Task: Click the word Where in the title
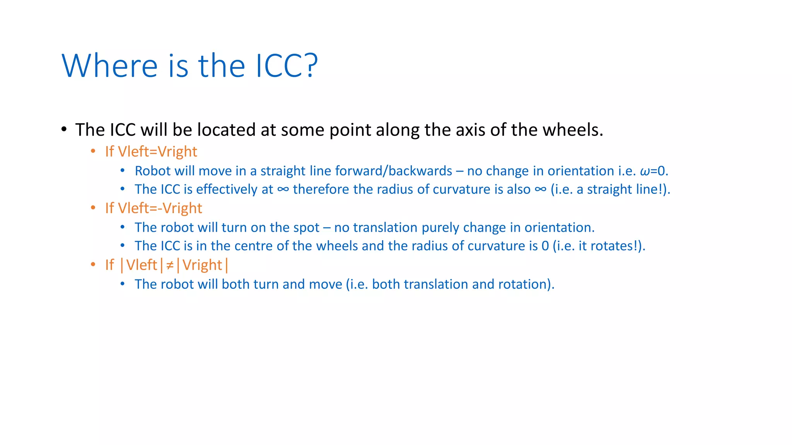pyautogui.click(x=109, y=66)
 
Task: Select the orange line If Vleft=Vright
pyautogui.click(x=151, y=151)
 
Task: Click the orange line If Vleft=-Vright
pyautogui.click(x=154, y=208)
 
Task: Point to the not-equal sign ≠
pyautogui.click(x=170, y=265)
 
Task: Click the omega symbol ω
pyautogui.click(x=645, y=171)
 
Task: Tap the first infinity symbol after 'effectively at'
pyautogui.click(x=283, y=189)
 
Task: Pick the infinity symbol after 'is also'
pyautogui.click(x=540, y=189)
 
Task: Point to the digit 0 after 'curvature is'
pyautogui.click(x=545, y=246)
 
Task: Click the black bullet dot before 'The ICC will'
pyautogui.click(x=64, y=129)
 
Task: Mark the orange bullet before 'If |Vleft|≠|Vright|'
pyautogui.click(x=93, y=265)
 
